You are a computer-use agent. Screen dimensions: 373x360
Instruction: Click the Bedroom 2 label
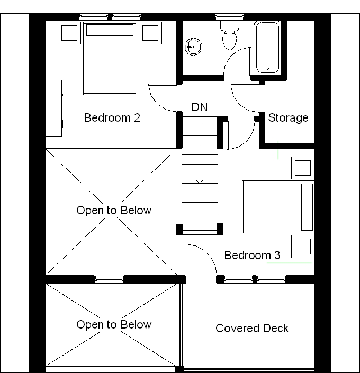(112, 117)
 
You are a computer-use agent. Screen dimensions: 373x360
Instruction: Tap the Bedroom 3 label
(252, 256)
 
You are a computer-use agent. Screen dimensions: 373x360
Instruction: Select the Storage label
(288, 117)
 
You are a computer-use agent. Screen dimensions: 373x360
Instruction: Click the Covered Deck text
(252, 329)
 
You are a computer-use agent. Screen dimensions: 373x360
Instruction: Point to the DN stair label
(200, 107)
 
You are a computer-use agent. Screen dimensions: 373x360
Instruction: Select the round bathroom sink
(193, 47)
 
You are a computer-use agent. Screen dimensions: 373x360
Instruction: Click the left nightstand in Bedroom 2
(69, 33)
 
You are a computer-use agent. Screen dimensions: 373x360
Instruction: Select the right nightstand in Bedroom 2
(150, 33)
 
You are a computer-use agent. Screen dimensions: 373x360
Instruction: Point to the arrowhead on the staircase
(200, 181)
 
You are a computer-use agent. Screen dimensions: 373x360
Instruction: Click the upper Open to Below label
(114, 211)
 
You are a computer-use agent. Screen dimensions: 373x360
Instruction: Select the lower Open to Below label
(114, 325)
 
